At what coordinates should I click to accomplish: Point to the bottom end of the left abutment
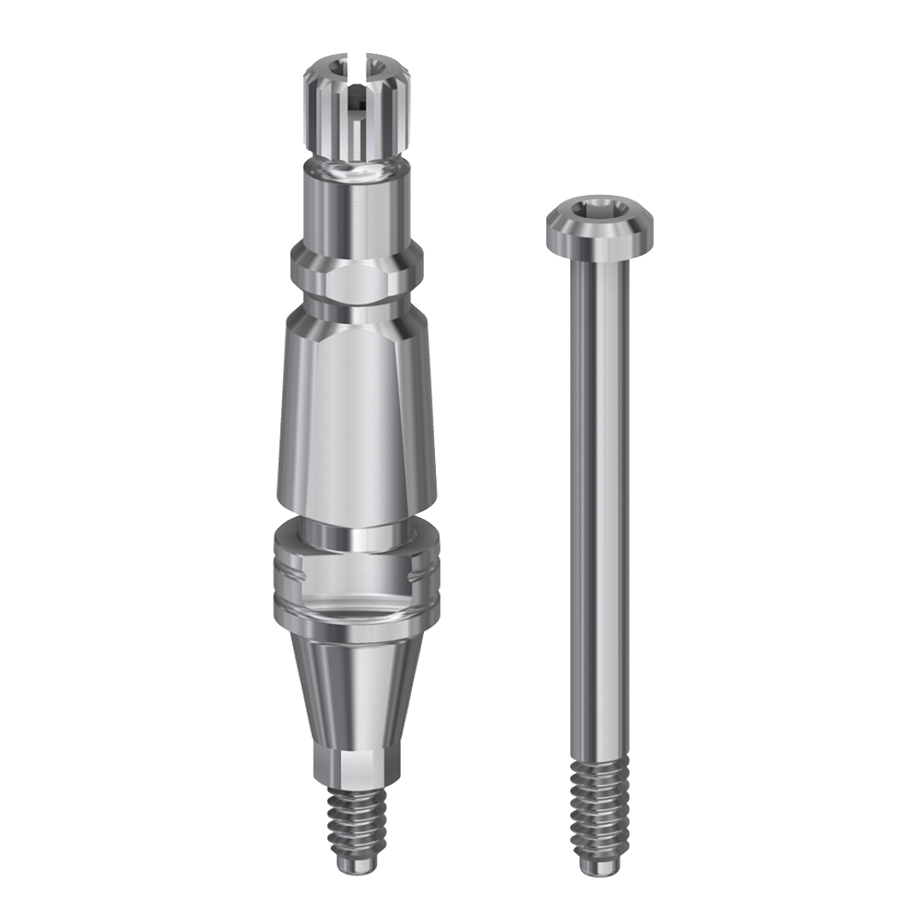coord(355,865)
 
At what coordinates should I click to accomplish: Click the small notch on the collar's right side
coord(419,579)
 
